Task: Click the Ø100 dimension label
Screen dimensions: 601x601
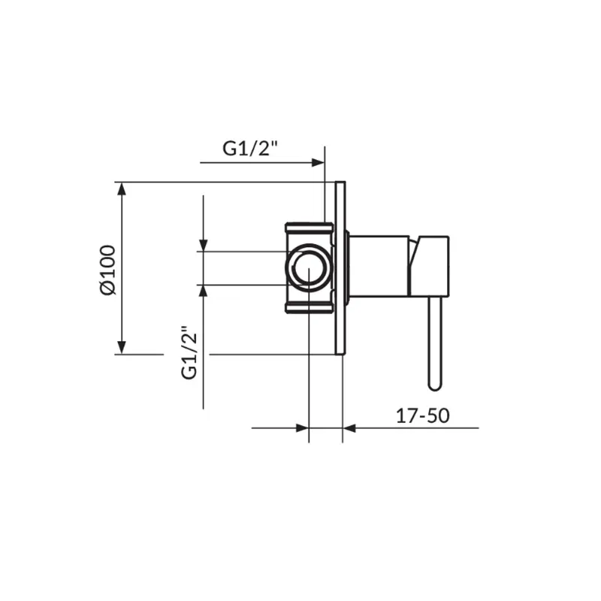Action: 107,270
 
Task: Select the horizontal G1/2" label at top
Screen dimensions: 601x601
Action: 250,148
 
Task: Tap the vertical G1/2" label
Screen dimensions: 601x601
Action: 189,352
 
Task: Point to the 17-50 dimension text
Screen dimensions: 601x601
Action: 422,416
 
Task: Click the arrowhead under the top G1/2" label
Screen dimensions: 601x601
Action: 318,162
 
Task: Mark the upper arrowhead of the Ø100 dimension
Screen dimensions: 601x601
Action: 122,189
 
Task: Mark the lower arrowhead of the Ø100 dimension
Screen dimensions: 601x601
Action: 122,347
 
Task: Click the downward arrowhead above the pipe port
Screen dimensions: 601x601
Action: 203,245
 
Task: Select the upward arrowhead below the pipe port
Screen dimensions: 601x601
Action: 203,291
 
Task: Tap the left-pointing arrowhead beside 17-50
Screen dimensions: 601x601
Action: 349,427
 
